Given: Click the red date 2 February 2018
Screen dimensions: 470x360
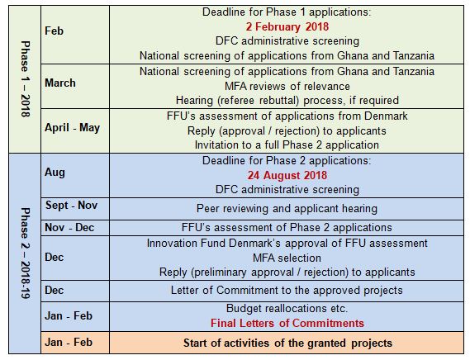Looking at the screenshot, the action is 287,26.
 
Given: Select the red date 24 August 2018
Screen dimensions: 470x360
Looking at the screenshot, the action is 287,175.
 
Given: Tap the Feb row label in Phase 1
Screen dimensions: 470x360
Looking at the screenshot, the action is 54,31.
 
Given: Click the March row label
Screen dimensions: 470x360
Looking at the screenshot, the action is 60,83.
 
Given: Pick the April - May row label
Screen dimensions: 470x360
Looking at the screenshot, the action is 72,128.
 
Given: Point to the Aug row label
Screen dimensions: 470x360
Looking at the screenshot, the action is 55,173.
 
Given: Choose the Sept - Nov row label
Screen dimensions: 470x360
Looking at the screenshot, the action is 71,206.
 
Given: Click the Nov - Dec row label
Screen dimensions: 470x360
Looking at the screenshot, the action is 69,228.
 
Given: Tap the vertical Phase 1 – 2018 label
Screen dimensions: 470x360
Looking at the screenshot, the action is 25,78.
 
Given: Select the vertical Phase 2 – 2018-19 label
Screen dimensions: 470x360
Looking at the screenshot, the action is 25,253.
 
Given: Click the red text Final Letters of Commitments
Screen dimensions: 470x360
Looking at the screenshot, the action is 287,323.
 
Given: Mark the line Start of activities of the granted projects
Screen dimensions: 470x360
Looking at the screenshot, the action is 287,343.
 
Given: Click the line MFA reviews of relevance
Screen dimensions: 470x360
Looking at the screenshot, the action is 287,87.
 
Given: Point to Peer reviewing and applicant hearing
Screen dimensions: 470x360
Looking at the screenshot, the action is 287,209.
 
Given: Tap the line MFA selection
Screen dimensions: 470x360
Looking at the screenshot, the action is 287,258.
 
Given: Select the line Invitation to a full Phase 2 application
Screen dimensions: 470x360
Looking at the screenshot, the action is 287,145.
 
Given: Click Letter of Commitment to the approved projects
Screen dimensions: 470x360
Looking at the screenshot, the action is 287,291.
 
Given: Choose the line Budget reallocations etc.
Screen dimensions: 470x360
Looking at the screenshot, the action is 287,309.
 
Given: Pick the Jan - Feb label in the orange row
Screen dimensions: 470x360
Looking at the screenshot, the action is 69,343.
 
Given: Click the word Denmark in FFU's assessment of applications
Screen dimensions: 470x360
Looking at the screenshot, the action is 386,116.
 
